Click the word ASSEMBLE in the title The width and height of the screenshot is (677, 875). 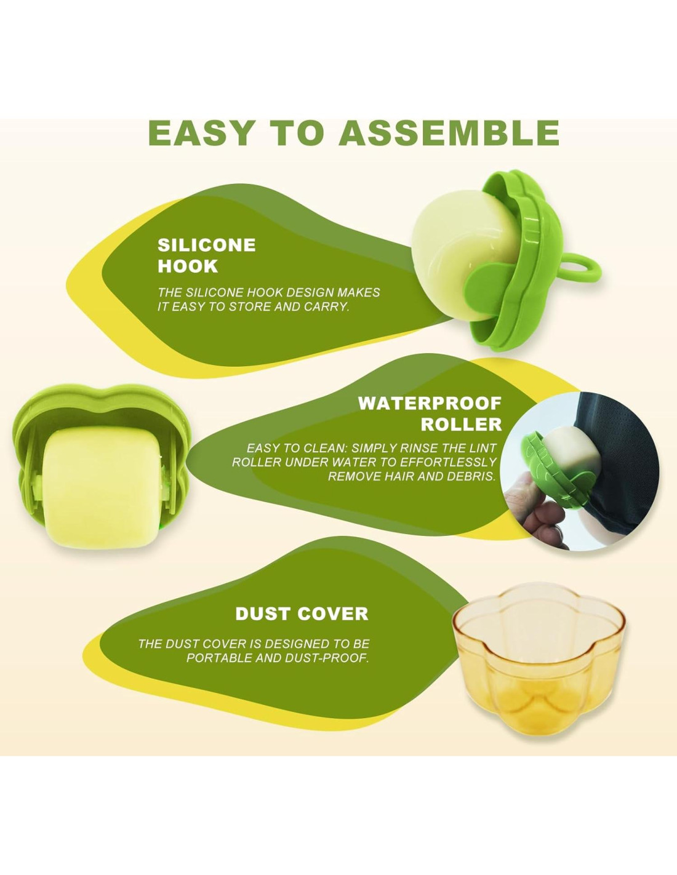point(449,133)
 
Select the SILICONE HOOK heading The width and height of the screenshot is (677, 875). point(206,256)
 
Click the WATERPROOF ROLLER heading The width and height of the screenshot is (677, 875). point(430,414)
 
